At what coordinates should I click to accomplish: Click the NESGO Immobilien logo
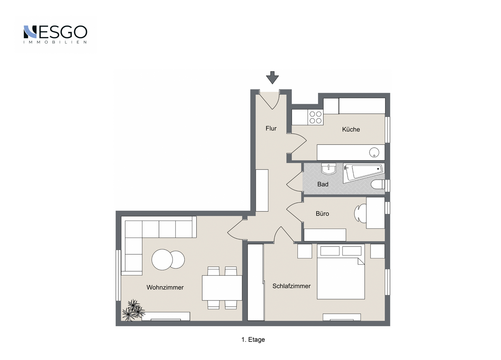[55, 34]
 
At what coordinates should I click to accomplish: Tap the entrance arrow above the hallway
[272, 78]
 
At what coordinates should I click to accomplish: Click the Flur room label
[271, 128]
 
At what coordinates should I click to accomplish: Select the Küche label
[351, 129]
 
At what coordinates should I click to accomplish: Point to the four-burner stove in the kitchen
[315, 117]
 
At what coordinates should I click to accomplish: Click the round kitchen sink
[374, 153]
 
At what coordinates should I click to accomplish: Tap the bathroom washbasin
[328, 169]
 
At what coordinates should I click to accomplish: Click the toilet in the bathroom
[378, 185]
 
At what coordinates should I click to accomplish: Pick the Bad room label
[323, 184]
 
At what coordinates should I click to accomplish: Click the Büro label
[322, 213]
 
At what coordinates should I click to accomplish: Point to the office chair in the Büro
[360, 213]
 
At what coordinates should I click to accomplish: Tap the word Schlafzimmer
[292, 286]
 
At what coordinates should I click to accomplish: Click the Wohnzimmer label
[165, 287]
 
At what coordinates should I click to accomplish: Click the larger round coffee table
[162, 260]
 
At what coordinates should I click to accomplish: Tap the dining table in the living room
[222, 288]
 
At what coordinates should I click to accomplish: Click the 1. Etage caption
[253, 339]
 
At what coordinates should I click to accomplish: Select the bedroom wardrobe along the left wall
[256, 282]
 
